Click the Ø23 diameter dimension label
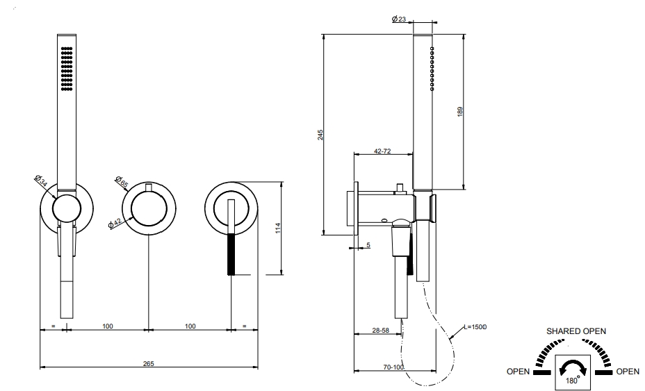click(399, 19)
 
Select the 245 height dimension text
click(320, 135)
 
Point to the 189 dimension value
click(460, 111)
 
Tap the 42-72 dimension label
click(382, 151)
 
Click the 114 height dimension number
click(278, 228)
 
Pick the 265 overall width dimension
click(149, 363)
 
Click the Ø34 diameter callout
click(41, 181)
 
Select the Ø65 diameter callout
click(122, 182)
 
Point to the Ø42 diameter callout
click(115, 222)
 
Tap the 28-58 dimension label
click(380, 330)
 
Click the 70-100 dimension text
click(393, 367)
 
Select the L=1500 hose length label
click(475, 327)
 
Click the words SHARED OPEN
click(576, 331)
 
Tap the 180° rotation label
click(572, 380)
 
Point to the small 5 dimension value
click(368, 245)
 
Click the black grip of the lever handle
click(231, 254)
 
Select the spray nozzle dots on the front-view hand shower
click(67, 68)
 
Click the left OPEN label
click(518, 372)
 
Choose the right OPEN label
click(628, 372)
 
